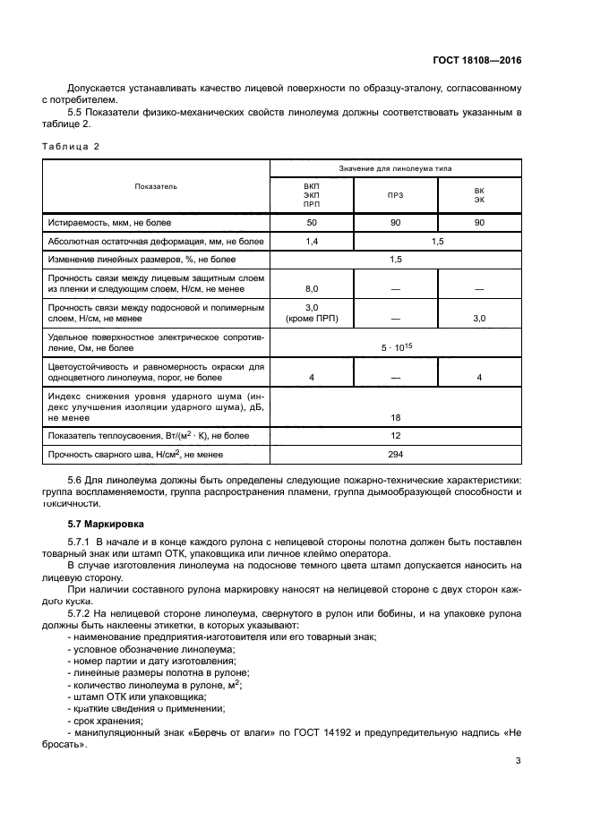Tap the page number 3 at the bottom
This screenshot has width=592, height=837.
pos(518,762)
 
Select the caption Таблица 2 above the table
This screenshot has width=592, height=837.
pos(71,146)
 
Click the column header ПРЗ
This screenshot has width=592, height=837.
pos(394,194)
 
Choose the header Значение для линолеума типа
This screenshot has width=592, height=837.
pos(395,168)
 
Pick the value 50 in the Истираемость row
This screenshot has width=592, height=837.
pos(311,221)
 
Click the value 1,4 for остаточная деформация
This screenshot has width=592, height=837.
pos(311,242)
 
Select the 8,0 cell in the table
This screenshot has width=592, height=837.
pos(311,289)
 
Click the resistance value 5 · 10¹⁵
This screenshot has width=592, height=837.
pos(395,346)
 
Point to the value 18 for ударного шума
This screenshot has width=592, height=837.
pos(395,417)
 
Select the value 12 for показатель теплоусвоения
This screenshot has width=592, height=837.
pos(395,436)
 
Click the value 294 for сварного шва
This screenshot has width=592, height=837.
pos(395,455)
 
